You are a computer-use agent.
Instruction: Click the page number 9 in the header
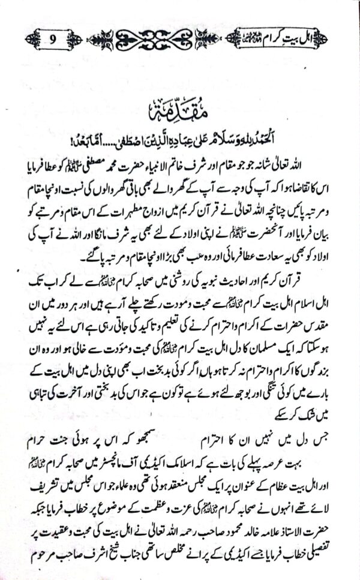(x=52, y=42)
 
